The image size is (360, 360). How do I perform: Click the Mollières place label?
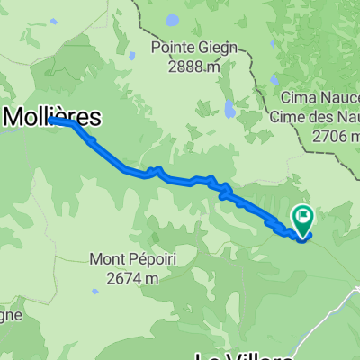click(x=52, y=114)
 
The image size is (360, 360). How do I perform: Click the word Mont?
click(x=108, y=260)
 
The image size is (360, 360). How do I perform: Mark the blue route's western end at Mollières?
click(x=52, y=119)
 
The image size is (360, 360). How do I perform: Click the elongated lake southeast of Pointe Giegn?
click(x=231, y=110)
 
